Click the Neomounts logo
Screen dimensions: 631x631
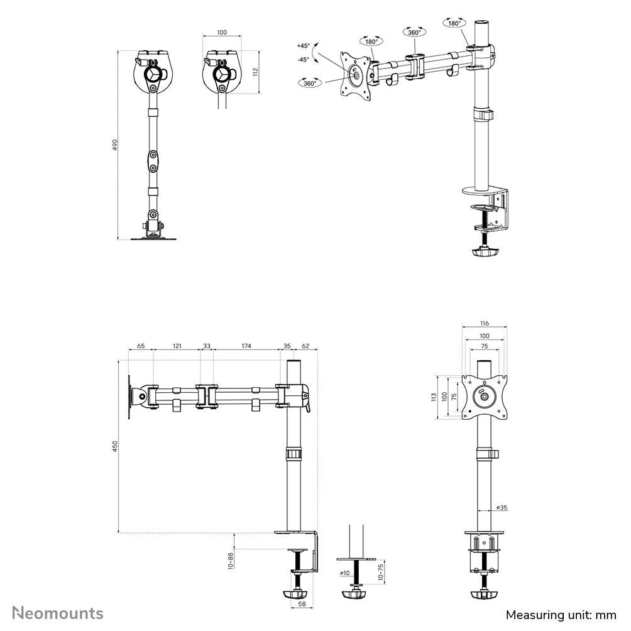(58, 613)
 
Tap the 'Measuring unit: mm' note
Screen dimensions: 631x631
(561, 614)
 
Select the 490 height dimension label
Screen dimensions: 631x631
(114, 145)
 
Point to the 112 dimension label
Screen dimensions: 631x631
(255, 72)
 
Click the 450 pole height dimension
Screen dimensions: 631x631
(114, 446)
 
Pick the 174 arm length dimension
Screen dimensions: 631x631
(246, 346)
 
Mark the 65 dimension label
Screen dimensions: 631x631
(140, 346)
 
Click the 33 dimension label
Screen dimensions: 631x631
(207, 346)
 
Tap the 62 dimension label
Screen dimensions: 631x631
(306, 346)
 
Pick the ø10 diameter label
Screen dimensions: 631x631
(344, 573)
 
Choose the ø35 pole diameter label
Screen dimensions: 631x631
(502, 507)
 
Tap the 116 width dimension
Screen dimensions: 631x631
(484, 324)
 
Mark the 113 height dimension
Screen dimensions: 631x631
(434, 397)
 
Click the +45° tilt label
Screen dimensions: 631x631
(304, 46)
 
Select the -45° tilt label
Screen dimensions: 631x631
(304, 59)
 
